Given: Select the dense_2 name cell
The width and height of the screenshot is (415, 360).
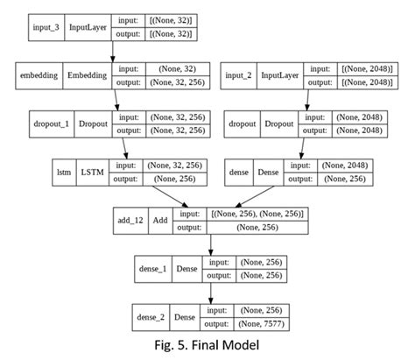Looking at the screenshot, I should point(154,315).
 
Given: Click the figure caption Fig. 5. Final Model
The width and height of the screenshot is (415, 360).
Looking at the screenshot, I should point(207,346).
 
